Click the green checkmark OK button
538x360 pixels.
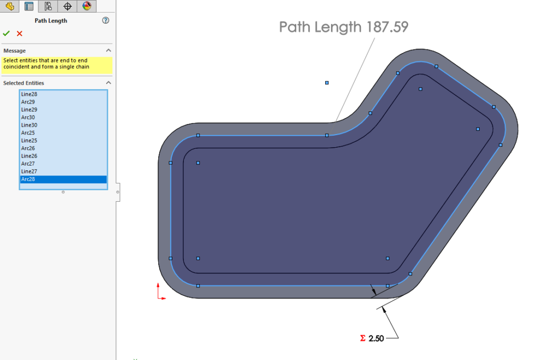(6, 34)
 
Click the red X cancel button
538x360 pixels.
(19, 34)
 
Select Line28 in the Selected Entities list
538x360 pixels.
(29, 94)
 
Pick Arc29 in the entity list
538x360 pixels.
(28, 102)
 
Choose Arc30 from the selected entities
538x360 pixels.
(28, 117)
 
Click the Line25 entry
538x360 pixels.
(29, 140)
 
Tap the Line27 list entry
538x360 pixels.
(29, 171)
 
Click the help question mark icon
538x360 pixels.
(106, 20)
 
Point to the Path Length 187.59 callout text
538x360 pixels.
(344, 27)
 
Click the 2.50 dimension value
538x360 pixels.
(376, 338)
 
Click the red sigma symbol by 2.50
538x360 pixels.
(363, 338)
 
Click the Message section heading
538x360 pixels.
(15, 50)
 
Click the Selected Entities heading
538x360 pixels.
(24, 83)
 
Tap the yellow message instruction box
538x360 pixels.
(57, 64)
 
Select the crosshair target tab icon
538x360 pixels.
(67, 6)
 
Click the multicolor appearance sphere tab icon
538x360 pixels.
(87, 6)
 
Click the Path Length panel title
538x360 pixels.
(51, 20)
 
